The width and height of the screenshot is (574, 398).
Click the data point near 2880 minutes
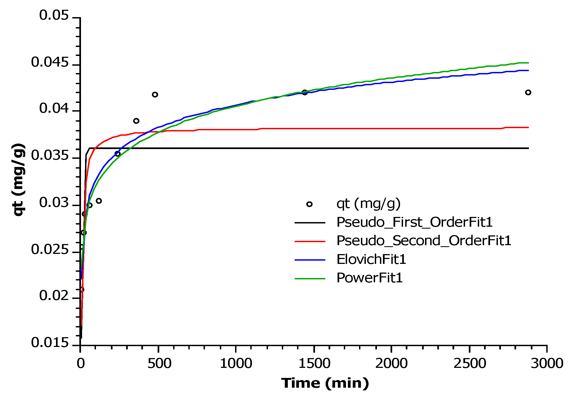click(x=528, y=92)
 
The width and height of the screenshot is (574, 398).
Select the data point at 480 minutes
click(x=155, y=94)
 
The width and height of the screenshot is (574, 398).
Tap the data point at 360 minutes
click(x=136, y=121)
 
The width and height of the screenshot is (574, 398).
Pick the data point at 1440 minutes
click(x=305, y=92)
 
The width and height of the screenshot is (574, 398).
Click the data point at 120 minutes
click(x=99, y=201)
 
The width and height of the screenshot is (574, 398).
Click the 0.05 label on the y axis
click(x=54, y=15)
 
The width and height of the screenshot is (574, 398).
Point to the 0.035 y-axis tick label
click(x=50, y=156)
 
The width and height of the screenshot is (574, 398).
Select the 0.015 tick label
click(x=50, y=343)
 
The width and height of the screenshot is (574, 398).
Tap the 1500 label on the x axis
click(x=314, y=363)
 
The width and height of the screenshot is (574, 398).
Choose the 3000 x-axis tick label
click(x=547, y=363)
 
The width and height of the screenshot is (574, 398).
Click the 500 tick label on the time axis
click(x=160, y=363)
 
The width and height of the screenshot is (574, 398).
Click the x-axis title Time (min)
click(x=325, y=383)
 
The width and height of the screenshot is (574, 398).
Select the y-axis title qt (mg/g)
click(x=19, y=180)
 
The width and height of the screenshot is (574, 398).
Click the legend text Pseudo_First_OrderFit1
click(x=414, y=222)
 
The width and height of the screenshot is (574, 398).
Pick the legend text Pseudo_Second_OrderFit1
click(x=424, y=241)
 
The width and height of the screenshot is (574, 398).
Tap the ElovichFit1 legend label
click(x=371, y=259)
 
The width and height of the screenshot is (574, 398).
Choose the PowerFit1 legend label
click(x=369, y=278)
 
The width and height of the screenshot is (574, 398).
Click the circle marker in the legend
click(x=309, y=204)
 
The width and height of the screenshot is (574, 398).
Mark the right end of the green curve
click(x=528, y=63)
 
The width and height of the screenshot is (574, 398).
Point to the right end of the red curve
click(x=528, y=127)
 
